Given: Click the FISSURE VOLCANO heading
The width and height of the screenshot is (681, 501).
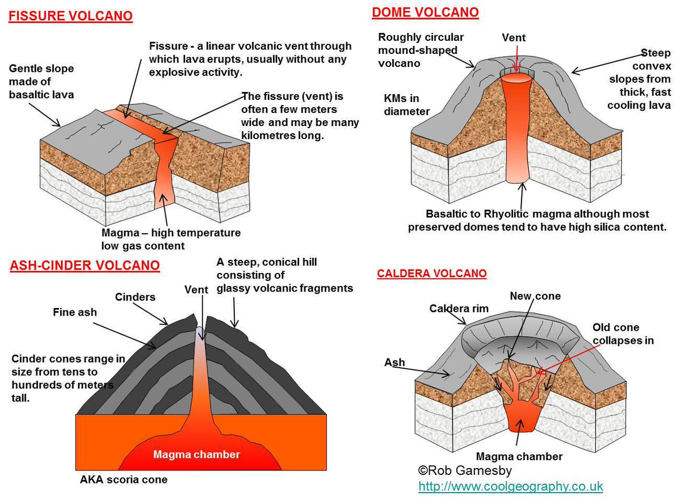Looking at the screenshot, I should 71,15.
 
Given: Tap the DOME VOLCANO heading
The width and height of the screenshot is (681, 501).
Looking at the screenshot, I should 425,12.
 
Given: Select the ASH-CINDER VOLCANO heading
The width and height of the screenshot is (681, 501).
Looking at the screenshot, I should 85,266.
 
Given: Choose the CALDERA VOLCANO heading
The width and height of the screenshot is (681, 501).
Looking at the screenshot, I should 432,273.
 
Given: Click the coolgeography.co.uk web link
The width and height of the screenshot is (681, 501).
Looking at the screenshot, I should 511,486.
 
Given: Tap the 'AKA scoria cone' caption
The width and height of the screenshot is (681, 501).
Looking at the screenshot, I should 124,480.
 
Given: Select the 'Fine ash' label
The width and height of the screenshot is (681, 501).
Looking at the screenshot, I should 75,311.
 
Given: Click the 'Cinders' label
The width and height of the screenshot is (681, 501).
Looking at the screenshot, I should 135,297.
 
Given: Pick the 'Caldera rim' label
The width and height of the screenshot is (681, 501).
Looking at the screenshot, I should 459,309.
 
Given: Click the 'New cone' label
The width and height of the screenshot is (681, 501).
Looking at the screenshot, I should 535,296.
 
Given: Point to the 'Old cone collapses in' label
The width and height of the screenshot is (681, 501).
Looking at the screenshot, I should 623,334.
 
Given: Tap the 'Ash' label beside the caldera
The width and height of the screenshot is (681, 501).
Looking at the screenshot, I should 394,362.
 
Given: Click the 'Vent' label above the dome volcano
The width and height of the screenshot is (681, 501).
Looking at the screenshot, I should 514,38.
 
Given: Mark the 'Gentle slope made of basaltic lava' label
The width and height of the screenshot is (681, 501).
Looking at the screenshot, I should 41,81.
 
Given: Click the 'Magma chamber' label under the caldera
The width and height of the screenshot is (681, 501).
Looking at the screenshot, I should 519,457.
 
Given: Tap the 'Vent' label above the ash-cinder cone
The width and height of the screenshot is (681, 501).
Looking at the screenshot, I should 197,289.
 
